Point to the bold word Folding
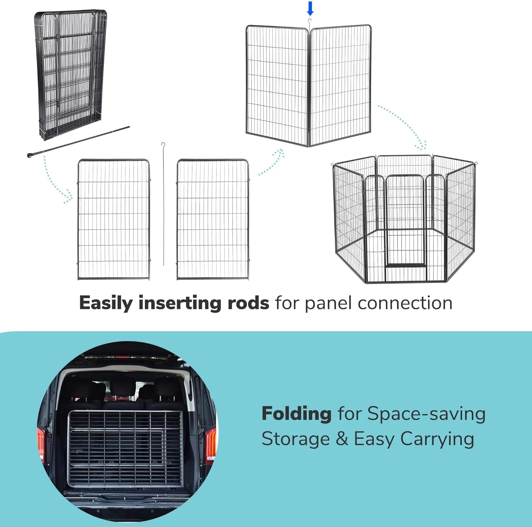(297, 414)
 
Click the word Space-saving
(426, 414)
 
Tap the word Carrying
(437, 440)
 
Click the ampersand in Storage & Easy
(342, 439)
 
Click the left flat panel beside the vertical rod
(113, 220)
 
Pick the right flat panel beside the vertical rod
(213, 220)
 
